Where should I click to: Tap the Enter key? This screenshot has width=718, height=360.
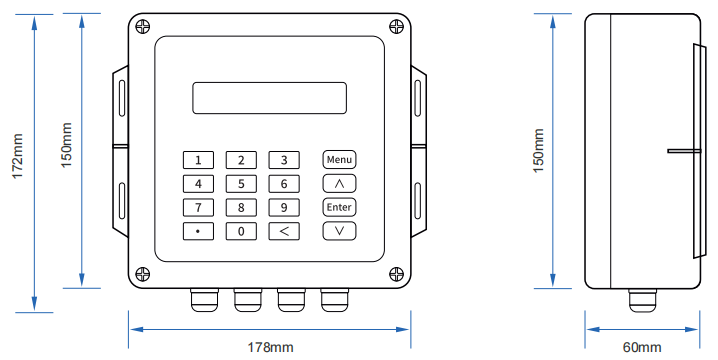point(340,207)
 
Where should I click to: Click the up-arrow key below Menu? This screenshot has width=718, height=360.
point(340,183)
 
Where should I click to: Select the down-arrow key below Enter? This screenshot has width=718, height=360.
point(340,231)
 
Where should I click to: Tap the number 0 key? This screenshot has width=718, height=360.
point(241,231)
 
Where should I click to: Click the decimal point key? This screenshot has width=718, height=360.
point(198,231)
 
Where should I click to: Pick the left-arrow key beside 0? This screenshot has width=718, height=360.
point(284,231)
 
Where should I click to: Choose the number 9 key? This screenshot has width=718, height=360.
point(284,207)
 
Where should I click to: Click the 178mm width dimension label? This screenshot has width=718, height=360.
point(270,347)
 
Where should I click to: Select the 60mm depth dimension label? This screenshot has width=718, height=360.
point(642,347)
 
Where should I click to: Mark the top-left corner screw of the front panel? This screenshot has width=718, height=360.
point(145,26)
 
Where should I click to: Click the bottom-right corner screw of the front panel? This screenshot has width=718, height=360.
point(396,271)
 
